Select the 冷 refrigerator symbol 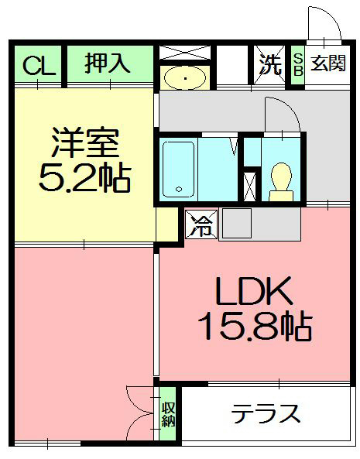pyautogui.click(x=201, y=226)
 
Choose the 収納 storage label pyautogui.click(x=168, y=415)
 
